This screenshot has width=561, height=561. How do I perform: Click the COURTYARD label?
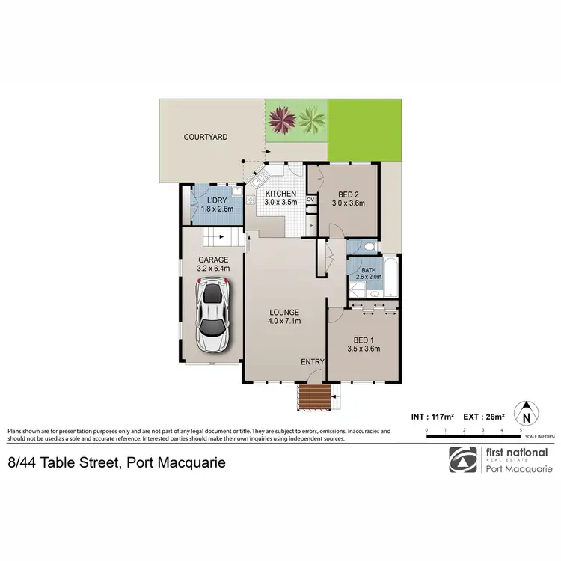tap(206, 138)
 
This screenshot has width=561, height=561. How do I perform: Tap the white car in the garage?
tap(212, 313)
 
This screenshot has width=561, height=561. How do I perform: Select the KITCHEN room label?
tap(280, 194)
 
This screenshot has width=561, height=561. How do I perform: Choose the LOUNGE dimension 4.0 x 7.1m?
tap(285, 322)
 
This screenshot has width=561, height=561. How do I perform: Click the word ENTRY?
tap(312, 362)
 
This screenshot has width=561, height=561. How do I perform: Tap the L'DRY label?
tap(217, 200)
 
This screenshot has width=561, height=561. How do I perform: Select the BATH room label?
tap(369, 270)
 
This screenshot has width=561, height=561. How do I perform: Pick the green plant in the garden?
tap(311, 117)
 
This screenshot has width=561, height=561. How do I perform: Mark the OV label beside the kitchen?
tap(310, 200)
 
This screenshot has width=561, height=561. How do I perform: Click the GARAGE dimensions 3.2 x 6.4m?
tap(212, 268)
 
